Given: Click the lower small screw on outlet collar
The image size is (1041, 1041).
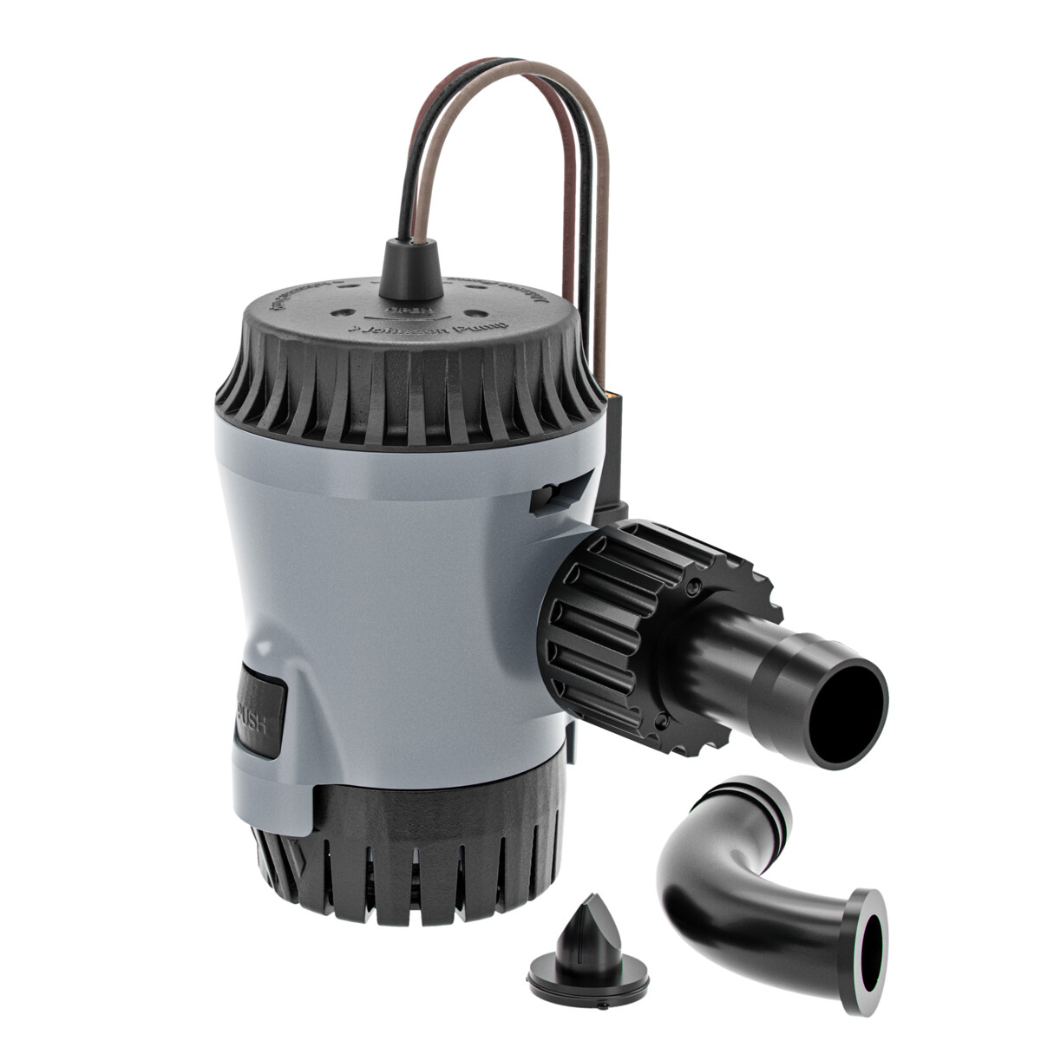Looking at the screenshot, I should (664, 719).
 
